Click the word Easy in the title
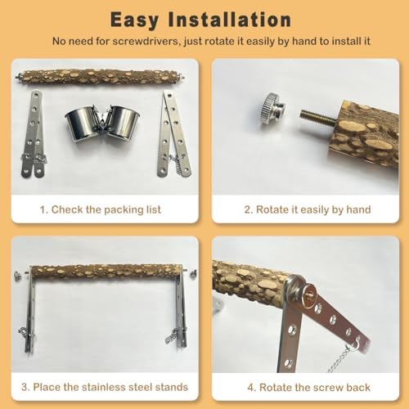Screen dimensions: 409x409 (134, 20)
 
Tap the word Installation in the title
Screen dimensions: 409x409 (230, 20)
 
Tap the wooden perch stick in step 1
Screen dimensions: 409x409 (101, 78)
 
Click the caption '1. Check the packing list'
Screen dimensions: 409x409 (101, 209)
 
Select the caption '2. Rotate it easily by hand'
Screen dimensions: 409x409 (308, 209)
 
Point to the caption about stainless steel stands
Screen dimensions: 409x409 (105, 387)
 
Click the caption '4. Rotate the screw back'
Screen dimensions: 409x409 (308, 387)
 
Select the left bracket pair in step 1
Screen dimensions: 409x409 (34, 134)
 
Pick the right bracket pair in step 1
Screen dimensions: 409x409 (174, 133)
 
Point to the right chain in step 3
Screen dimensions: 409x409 (171, 336)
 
